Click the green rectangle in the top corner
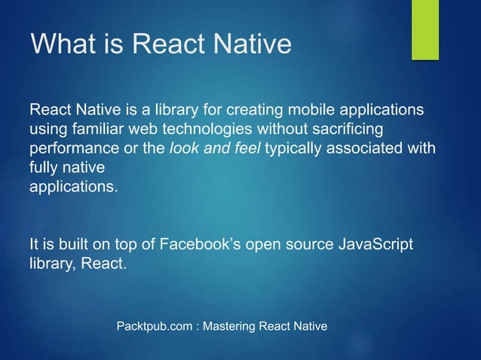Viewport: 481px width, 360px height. [424, 29]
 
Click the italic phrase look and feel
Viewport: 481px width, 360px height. [216, 148]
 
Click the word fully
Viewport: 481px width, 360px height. [44, 167]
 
